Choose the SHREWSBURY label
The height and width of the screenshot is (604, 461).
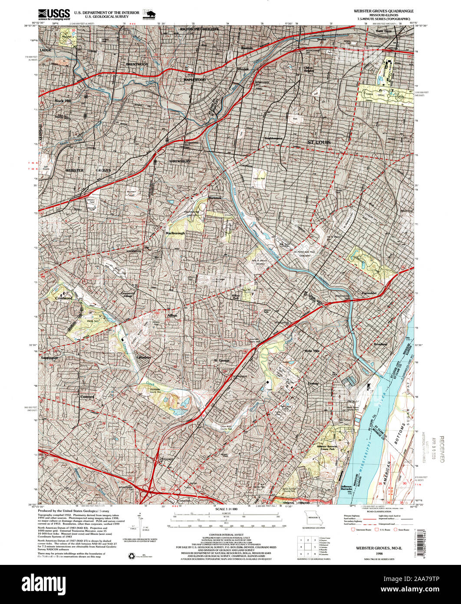tap(180, 161)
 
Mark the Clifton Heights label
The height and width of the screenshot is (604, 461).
tap(308, 70)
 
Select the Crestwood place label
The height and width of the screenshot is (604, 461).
tap(63, 299)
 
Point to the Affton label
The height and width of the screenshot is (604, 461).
tap(172, 315)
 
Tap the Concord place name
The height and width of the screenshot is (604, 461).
tap(87, 397)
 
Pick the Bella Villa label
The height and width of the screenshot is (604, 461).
tap(312, 351)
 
